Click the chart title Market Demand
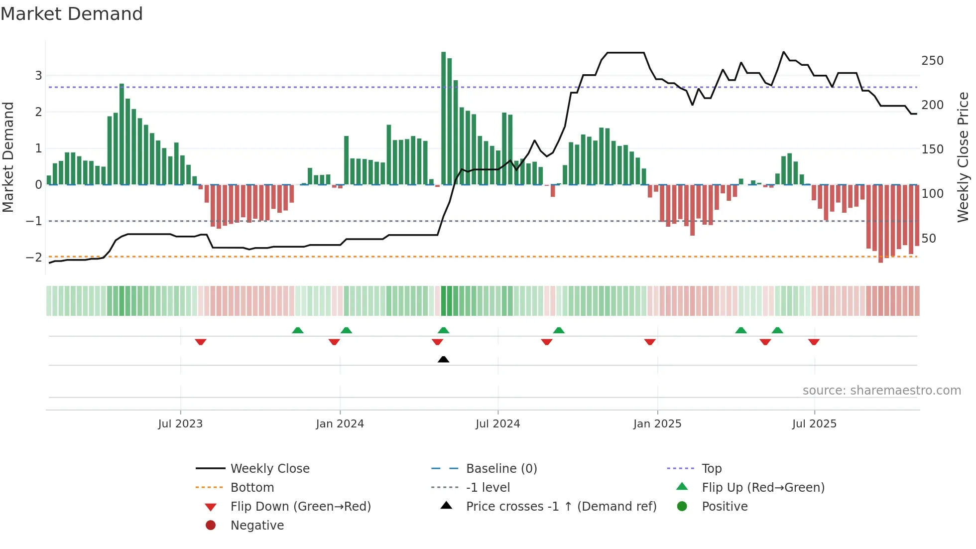point(72,14)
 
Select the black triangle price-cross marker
point(443,359)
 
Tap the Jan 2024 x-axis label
point(340,424)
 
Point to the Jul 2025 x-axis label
point(814,424)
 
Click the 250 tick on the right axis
point(932,61)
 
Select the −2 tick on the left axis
point(34,257)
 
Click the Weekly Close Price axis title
point(963,157)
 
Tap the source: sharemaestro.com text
point(881,391)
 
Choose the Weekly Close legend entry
point(269,469)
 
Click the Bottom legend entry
point(252,488)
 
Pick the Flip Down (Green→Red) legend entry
point(300,507)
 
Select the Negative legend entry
point(257,526)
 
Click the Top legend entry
point(711,469)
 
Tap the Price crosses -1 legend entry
point(561,507)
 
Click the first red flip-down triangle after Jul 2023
point(201,342)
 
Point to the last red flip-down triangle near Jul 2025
point(814,342)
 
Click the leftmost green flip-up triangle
point(297,330)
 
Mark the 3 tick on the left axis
point(38,76)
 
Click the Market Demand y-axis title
point(8,157)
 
